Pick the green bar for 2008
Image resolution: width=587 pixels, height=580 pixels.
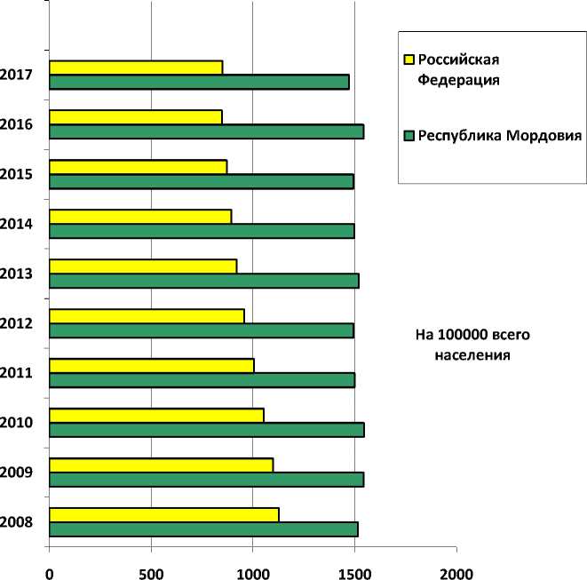click(x=203, y=529)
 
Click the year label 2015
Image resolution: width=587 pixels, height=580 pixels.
click(x=17, y=173)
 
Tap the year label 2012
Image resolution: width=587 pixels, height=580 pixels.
click(x=17, y=322)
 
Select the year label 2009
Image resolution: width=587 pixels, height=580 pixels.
click(x=17, y=472)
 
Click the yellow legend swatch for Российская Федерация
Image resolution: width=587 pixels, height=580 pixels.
click(x=409, y=60)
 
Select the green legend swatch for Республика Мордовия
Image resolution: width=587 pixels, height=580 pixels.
click(x=409, y=137)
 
